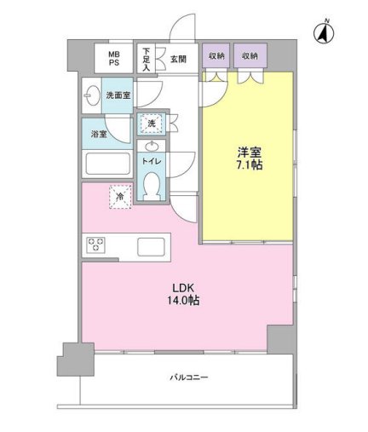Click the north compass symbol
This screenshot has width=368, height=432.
coord(324,33)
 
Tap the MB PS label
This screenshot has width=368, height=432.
coord(114,59)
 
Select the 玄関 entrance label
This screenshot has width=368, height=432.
coord(178,59)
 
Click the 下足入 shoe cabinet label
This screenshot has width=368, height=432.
coord(146,60)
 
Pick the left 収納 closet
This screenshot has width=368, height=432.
coord(216,55)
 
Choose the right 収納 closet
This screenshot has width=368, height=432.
coord(250,55)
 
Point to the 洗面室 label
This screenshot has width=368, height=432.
coord(118,95)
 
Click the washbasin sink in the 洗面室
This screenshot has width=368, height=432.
coord(92,95)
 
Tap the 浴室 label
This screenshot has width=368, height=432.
coord(99,134)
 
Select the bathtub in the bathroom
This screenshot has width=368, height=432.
coord(107,164)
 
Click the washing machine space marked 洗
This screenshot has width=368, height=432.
coord(151,124)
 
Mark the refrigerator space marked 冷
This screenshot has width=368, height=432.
coord(120,197)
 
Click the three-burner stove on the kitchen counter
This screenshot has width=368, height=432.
coord(96,245)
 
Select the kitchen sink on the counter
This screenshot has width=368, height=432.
coord(151,246)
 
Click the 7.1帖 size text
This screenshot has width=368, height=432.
coord(250,165)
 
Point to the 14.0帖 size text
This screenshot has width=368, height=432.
coord(183,301)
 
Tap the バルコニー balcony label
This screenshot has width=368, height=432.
coord(189,377)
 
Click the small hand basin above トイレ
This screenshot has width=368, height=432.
coord(152,146)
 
